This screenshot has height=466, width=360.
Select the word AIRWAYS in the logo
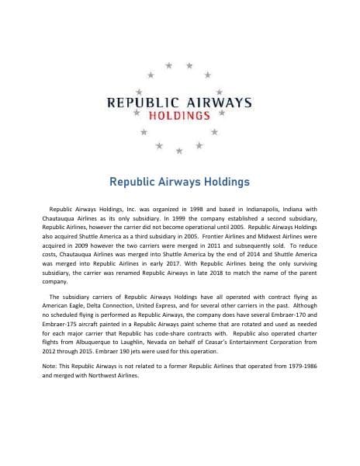[x=216, y=102]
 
